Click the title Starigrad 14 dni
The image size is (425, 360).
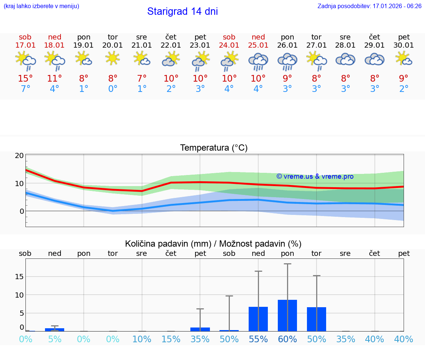(182, 11)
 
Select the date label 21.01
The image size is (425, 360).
(142, 45)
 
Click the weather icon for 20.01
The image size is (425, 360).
(113, 58)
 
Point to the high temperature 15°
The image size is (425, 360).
(25, 79)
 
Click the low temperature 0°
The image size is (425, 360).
(113, 89)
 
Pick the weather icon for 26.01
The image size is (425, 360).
(287, 61)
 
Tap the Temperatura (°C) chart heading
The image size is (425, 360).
(214, 148)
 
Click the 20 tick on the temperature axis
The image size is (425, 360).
(19, 155)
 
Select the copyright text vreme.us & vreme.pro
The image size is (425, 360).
(315, 176)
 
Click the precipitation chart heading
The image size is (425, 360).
(213, 244)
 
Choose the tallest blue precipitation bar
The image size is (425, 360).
(287, 315)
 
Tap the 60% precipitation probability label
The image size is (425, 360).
(287, 339)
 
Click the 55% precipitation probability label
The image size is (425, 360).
(258, 339)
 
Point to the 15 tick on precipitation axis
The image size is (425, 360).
(19, 277)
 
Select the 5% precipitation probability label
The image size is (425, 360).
(55, 339)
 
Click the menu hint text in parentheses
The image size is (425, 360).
(41, 6)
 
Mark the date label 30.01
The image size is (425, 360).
(404, 45)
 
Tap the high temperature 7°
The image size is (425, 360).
(142, 79)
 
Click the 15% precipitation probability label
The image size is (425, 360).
(171, 339)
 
